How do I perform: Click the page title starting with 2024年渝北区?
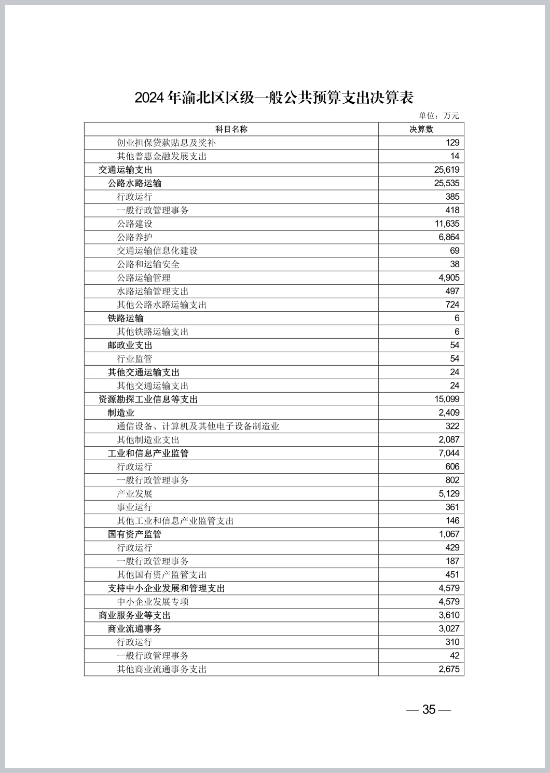(x=274, y=98)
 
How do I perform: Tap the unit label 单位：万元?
(x=438, y=116)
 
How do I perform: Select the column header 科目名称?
(x=231, y=129)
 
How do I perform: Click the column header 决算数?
(x=421, y=129)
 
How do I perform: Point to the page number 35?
(x=429, y=709)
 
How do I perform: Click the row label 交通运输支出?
(x=126, y=170)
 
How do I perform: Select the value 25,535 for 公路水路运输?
(x=446, y=183)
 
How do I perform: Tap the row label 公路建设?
(x=134, y=224)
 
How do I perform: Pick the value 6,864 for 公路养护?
(x=449, y=237)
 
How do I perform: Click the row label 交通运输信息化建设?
(x=157, y=251)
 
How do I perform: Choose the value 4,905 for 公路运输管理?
(x=449, y=278)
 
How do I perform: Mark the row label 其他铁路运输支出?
(x=153, y=332)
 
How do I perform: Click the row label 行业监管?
(x=134, y=358)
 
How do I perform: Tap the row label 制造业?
(x=121, y=412)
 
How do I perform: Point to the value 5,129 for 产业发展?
(x=449, y=493)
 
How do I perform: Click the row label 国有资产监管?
(x=134, y=534)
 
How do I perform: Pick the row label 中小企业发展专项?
(x=153, y=601)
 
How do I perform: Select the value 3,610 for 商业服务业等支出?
(x=449, y=615)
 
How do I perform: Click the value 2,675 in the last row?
(x=449, y=669)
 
